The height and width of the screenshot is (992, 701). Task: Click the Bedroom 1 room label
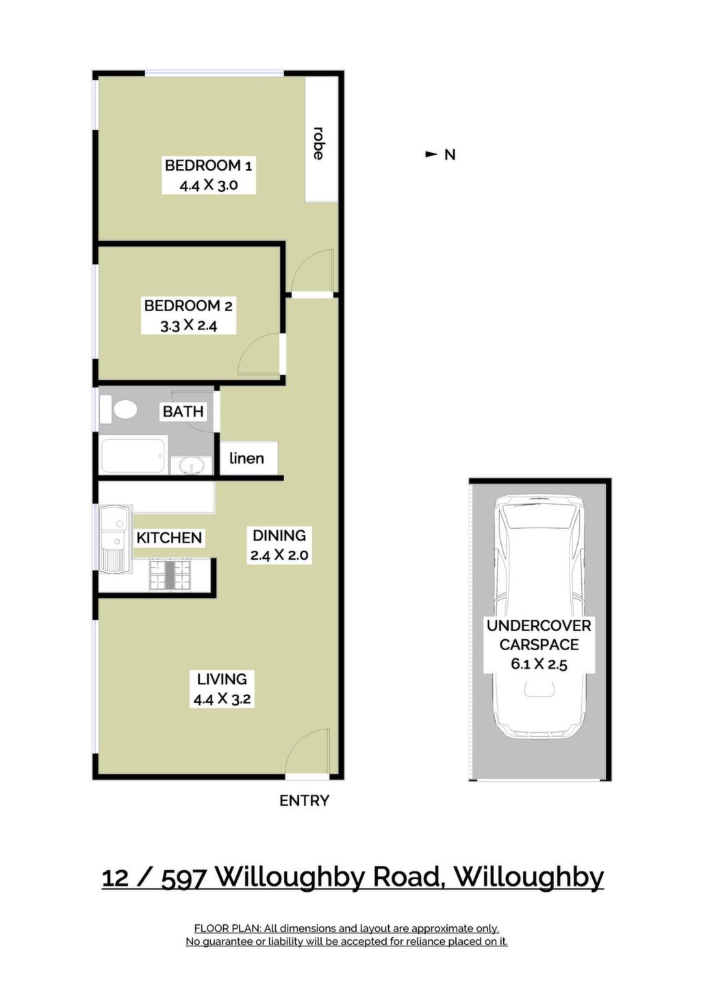(x=208, y=166)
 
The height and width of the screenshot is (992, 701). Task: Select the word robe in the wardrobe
(x=318, y=143)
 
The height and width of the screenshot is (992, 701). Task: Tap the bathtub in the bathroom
(x=134, y=455)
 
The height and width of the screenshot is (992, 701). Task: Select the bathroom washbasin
(x=192, y=465)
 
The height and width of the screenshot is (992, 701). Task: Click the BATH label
(x=183, y=412)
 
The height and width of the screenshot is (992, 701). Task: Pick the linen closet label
(x=246, y=458)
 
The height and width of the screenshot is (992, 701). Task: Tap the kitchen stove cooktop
(x=170, y=575)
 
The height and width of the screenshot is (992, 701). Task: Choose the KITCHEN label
(x=169, y=538)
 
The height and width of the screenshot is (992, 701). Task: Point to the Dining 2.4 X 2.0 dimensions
(x=279, y=554)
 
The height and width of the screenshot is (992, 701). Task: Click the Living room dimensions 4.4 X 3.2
(x=222, y=699)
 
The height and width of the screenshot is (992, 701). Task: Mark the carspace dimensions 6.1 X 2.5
(x=539, y=665)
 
